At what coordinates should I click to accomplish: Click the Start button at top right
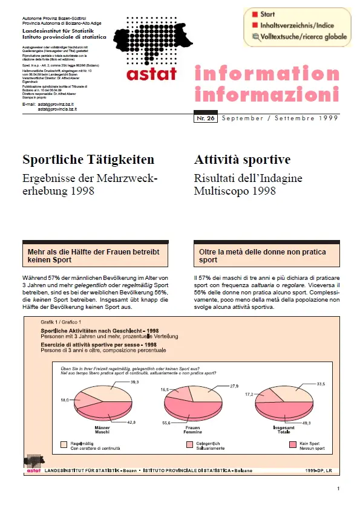pyautogui.click(x=269, y=15)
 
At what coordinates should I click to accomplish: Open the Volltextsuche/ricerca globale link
pyautogui.click(x=300, y=36)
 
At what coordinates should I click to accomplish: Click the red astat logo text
pyautogui.click(x=152, y=74)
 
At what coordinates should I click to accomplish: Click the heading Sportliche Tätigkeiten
pyautogui.click(x=88, y=160)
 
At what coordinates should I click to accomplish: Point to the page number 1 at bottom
pyautogui.click(x=338, y=488)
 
